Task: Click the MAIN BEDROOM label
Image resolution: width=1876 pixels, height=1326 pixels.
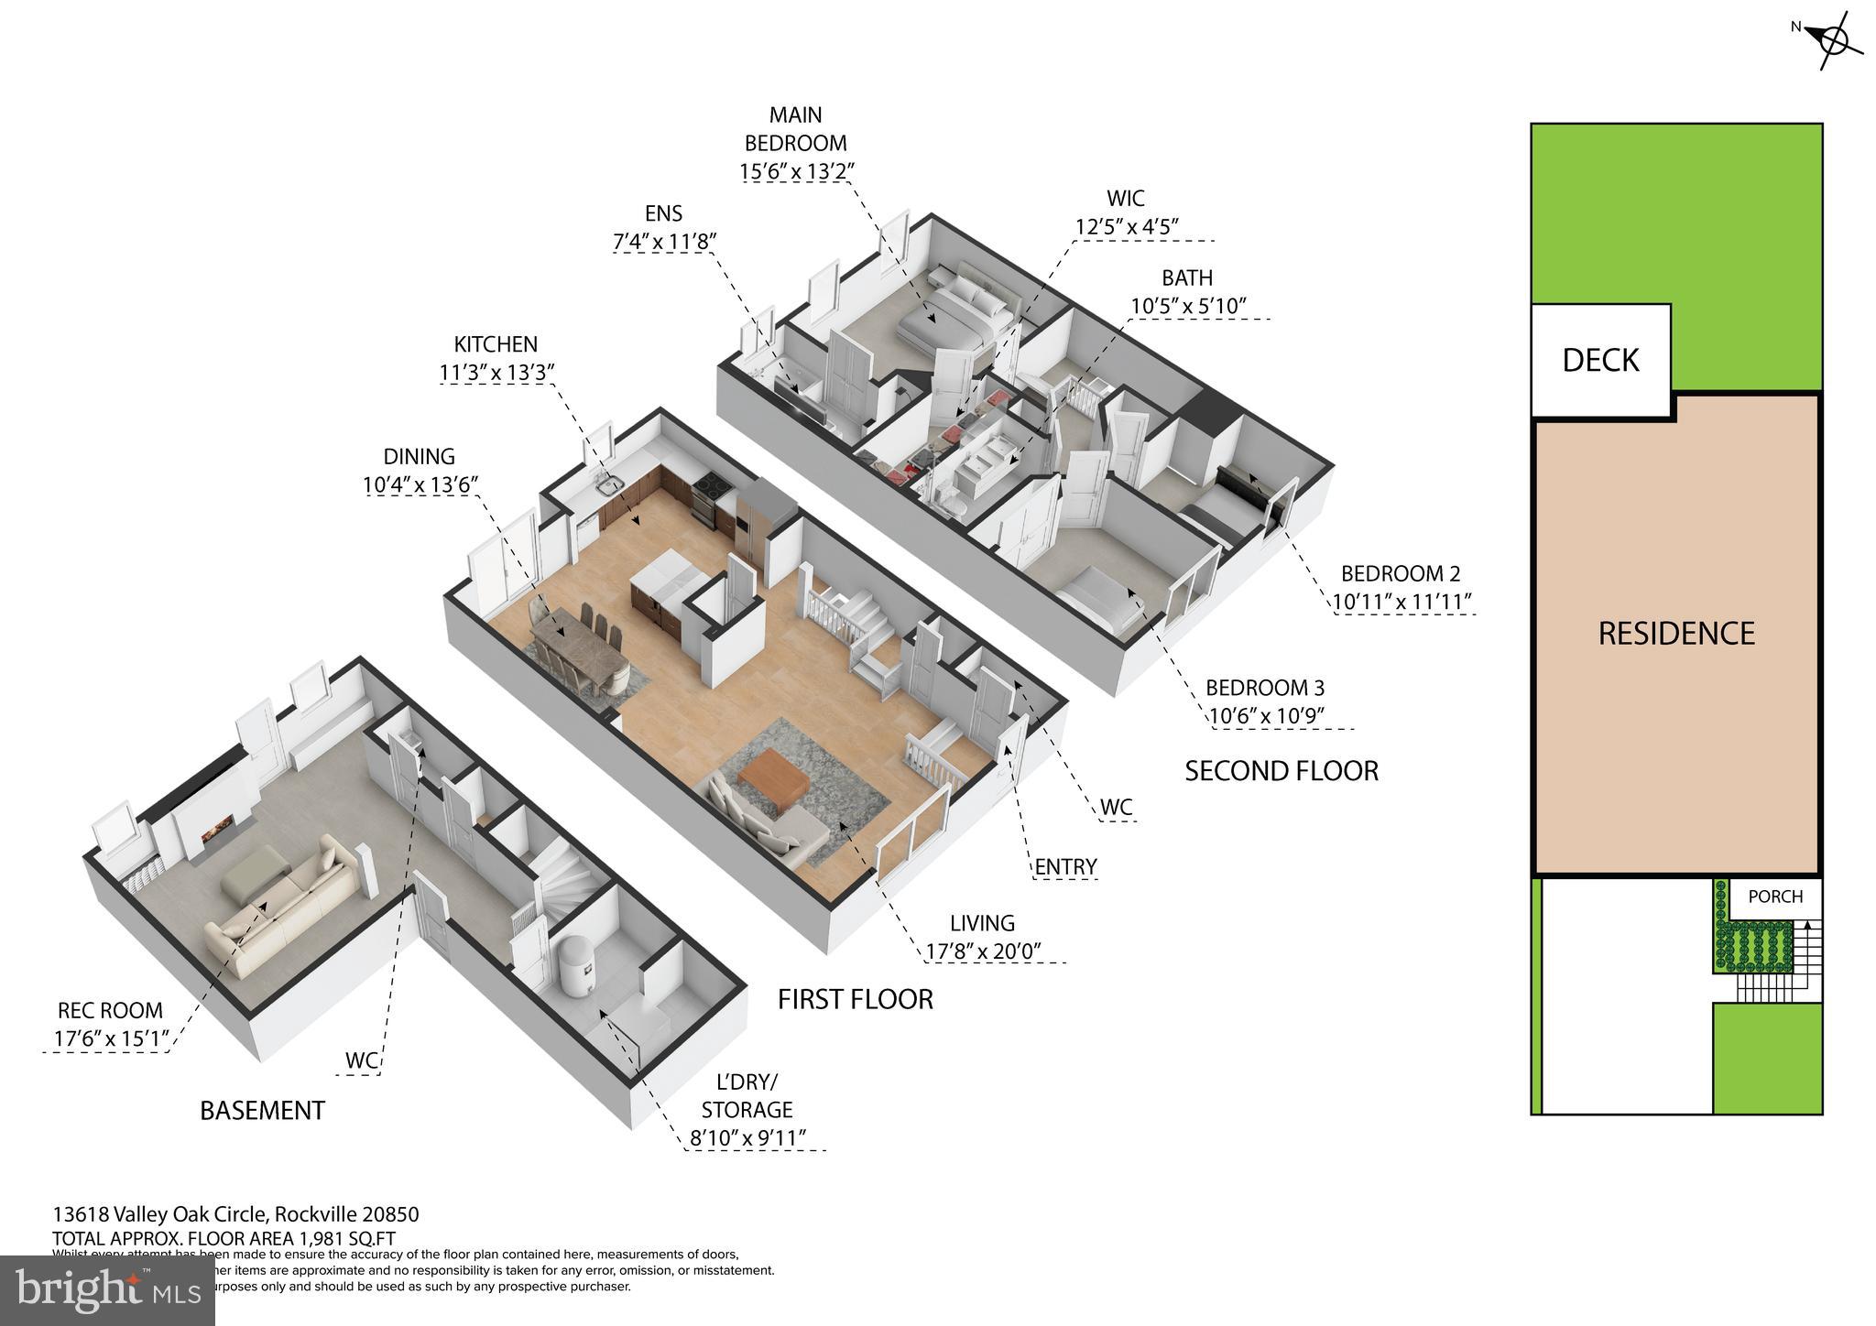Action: (x=795, y=129)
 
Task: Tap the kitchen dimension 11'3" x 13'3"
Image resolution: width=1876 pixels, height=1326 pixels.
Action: (x=497, y=373)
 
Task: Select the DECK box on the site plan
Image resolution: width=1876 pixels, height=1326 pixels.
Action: (x=1600, y=361)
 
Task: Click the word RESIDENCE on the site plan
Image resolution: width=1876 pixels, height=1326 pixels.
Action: (x=1676, y=634)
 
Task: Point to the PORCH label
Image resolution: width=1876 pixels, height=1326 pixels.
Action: (x=1774, y=897)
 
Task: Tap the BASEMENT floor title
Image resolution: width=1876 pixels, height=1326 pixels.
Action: (x=262, y=1111)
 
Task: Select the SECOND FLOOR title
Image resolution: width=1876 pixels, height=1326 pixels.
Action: (x=1281, y=771)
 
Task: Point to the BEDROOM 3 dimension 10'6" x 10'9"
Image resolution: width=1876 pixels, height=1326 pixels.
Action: (x=1267, y=716)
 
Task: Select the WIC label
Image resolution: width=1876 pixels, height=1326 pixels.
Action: (x=1125, y=199)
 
